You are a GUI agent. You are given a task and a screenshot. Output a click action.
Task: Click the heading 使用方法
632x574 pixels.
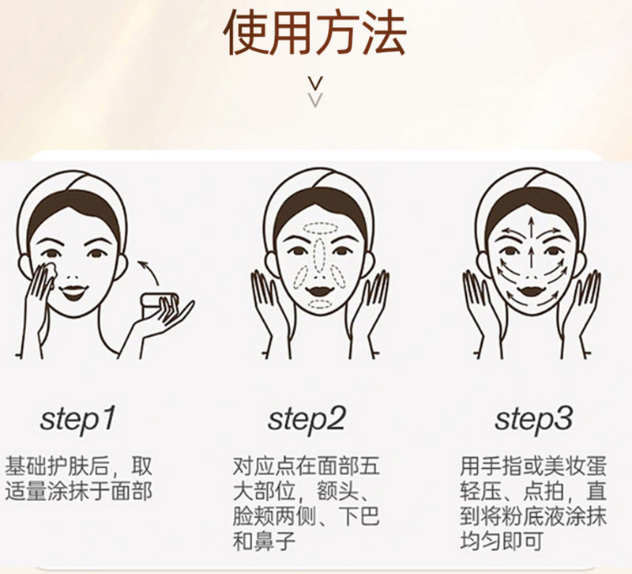click(314, 32)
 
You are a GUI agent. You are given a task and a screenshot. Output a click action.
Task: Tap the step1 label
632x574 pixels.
click(77, 420)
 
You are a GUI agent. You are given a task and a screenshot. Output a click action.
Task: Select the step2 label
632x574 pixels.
click(307, 420)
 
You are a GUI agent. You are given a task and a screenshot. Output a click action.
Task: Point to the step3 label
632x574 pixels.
click(534, 420)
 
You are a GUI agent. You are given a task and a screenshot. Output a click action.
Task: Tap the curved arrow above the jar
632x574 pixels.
click(150, 274)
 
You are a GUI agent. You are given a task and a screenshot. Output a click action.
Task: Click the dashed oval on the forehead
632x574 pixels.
click(321, 228)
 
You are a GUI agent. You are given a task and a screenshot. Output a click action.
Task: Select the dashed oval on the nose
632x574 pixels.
click(320, 255)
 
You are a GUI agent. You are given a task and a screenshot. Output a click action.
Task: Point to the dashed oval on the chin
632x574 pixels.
click(321, 304)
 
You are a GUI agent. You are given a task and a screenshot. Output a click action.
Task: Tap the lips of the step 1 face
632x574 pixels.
click(73, 292)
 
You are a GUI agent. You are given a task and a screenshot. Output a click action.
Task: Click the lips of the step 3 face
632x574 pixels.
click(532, 291)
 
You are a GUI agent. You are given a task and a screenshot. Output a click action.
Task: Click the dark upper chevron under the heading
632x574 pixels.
click(316, 84)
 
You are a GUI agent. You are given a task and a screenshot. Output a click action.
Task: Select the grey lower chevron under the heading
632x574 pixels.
click(316, 100)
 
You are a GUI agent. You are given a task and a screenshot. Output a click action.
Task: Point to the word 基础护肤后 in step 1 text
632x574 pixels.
click(57, 466)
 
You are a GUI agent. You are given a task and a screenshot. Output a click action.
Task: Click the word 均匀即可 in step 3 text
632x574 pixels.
click(502, 542)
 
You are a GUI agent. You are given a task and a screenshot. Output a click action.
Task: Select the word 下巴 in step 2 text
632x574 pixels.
click(359, 516)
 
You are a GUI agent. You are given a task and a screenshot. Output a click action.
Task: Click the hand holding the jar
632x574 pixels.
click(165, 319)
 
